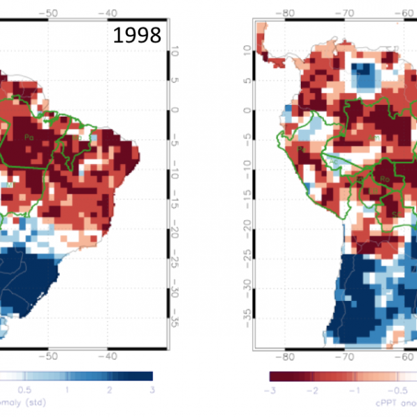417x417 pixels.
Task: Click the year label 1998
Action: pos(137,35)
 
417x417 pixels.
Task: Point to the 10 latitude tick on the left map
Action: pos(176,50)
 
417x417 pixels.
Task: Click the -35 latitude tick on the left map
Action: pos(177,322)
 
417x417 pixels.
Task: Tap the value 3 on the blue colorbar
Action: pos(152,390)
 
